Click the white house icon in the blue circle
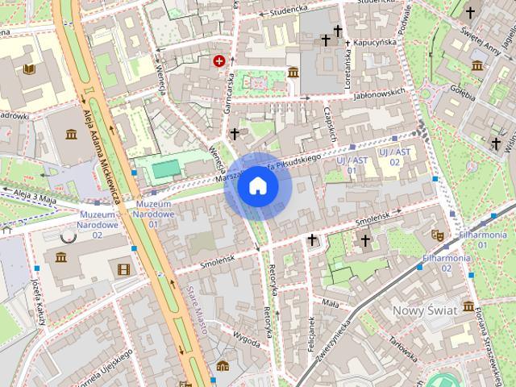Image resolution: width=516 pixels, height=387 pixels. [x=258, y=186]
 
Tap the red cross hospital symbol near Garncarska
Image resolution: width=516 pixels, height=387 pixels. [x=218, y=60]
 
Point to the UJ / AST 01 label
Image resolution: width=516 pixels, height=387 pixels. [x=340, y=166]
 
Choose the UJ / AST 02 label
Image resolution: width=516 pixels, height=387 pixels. [x=394, y=156]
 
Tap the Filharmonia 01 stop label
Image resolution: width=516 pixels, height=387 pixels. [x=481, y=239]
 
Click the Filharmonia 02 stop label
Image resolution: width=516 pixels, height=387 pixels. [x=447, y=263]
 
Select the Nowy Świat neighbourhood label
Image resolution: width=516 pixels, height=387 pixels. [x=424, y=310]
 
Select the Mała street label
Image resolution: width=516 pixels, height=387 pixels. [x=330, y=303]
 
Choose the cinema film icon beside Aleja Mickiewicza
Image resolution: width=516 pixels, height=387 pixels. [x=123, y=269]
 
